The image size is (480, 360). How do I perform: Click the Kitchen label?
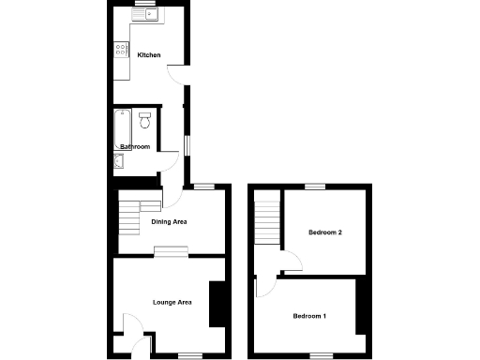(x=148, y=56)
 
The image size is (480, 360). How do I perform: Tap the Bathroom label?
(x=135, y=147)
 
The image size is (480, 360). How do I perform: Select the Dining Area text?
(x=170, y=222)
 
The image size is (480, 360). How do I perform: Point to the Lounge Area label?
(x=172, y=302)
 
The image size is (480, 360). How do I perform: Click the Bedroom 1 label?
(x=309, y=316)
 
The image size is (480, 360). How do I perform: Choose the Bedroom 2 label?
(x=324, y=232)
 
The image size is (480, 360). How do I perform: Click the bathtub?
(x=120, y=127)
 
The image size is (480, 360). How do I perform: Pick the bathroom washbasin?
(x=117, y=161)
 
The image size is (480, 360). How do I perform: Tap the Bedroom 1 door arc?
(x=262, y=285)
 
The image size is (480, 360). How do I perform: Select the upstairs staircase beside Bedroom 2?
(x=269, y=220)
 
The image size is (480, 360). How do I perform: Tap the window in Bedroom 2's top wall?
(x=314, y=187)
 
